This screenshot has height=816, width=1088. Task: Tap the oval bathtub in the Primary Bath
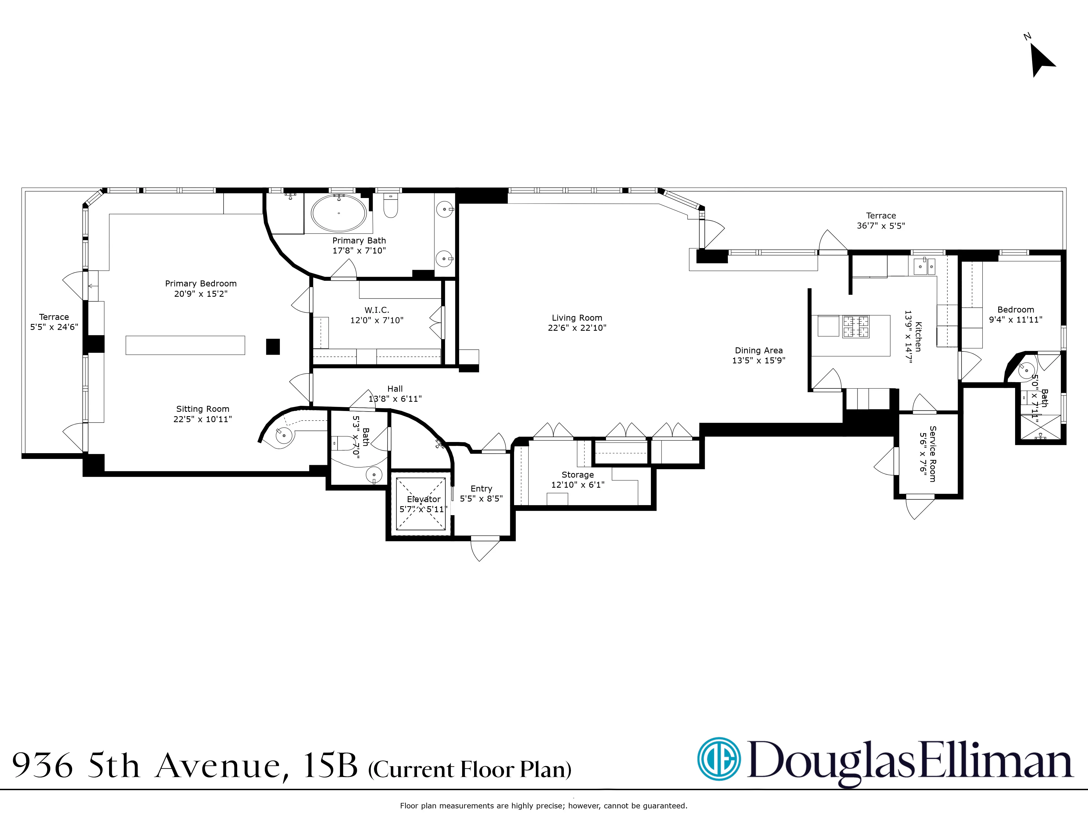[339, 213]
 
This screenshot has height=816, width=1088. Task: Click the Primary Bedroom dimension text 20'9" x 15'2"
[201, 294]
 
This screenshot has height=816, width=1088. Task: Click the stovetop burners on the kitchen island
[856, 327]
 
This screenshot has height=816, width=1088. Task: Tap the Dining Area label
[758, 350]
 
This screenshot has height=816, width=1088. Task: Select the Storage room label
[577, 475]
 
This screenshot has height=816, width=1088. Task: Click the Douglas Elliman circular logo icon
[719, 758]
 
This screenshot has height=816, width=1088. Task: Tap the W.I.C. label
[377, 310]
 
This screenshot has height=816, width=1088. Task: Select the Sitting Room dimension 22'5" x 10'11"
[203, 419]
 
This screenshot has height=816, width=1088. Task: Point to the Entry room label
[481, 489]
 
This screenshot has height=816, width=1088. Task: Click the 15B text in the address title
[330, 766]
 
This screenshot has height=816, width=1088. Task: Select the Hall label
[395, 389]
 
